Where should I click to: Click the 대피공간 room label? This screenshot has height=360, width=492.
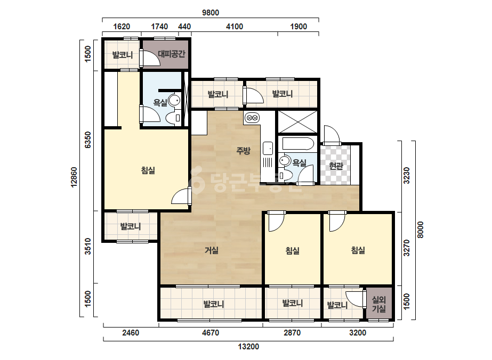[x=171, y=54]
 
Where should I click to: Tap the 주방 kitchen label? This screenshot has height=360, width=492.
[x=243, y=151]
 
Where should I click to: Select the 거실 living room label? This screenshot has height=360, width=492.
[x=212, y=250]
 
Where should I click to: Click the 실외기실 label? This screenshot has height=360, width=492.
[x=378, y=304]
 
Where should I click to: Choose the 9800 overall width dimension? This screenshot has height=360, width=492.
[x=211, y=13]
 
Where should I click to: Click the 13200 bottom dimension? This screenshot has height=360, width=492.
[x=248, y=347]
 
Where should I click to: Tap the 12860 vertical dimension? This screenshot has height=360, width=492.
[x=74, y=177]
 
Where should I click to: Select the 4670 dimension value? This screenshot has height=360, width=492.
[x=211, y=333]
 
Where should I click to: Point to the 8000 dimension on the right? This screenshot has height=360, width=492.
[x=421, y=230]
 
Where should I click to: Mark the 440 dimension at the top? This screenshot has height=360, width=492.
[x=184, y=27]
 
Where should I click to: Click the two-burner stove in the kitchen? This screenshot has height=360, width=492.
[x=252, y=118]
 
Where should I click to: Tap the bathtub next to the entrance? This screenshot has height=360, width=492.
[x=298, y=144]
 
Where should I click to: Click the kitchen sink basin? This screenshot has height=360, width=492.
[x=268, y=149]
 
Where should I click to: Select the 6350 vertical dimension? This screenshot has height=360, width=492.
[x=88, y=140]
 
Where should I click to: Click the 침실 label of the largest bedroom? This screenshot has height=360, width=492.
[x=148, y=170]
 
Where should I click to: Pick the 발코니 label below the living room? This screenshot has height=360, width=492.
[x=214, y=304]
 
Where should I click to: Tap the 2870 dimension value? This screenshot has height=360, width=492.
[x=292, y=333]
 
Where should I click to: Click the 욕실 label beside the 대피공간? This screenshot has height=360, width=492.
[x=160, y=103]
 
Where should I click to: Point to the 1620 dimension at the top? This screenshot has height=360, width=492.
[x=122, y=27]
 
